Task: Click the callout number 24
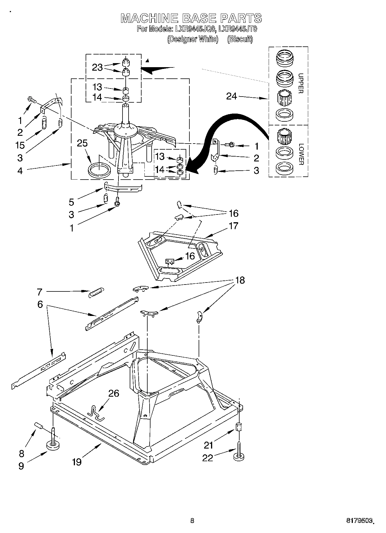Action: [231, 96]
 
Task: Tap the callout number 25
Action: [82, 143]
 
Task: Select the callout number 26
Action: [114, 393]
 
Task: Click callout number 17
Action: [234, 226]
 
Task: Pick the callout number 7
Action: [39, 292]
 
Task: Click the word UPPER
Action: [300, 84]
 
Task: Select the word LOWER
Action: [300, 154]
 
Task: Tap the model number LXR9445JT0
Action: [238, 29]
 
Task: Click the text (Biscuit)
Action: [240, 39]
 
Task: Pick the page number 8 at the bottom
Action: [192, 520]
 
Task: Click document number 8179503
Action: [359, 521]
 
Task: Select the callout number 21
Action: [208, 445]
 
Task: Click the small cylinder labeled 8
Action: [39, 425]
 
